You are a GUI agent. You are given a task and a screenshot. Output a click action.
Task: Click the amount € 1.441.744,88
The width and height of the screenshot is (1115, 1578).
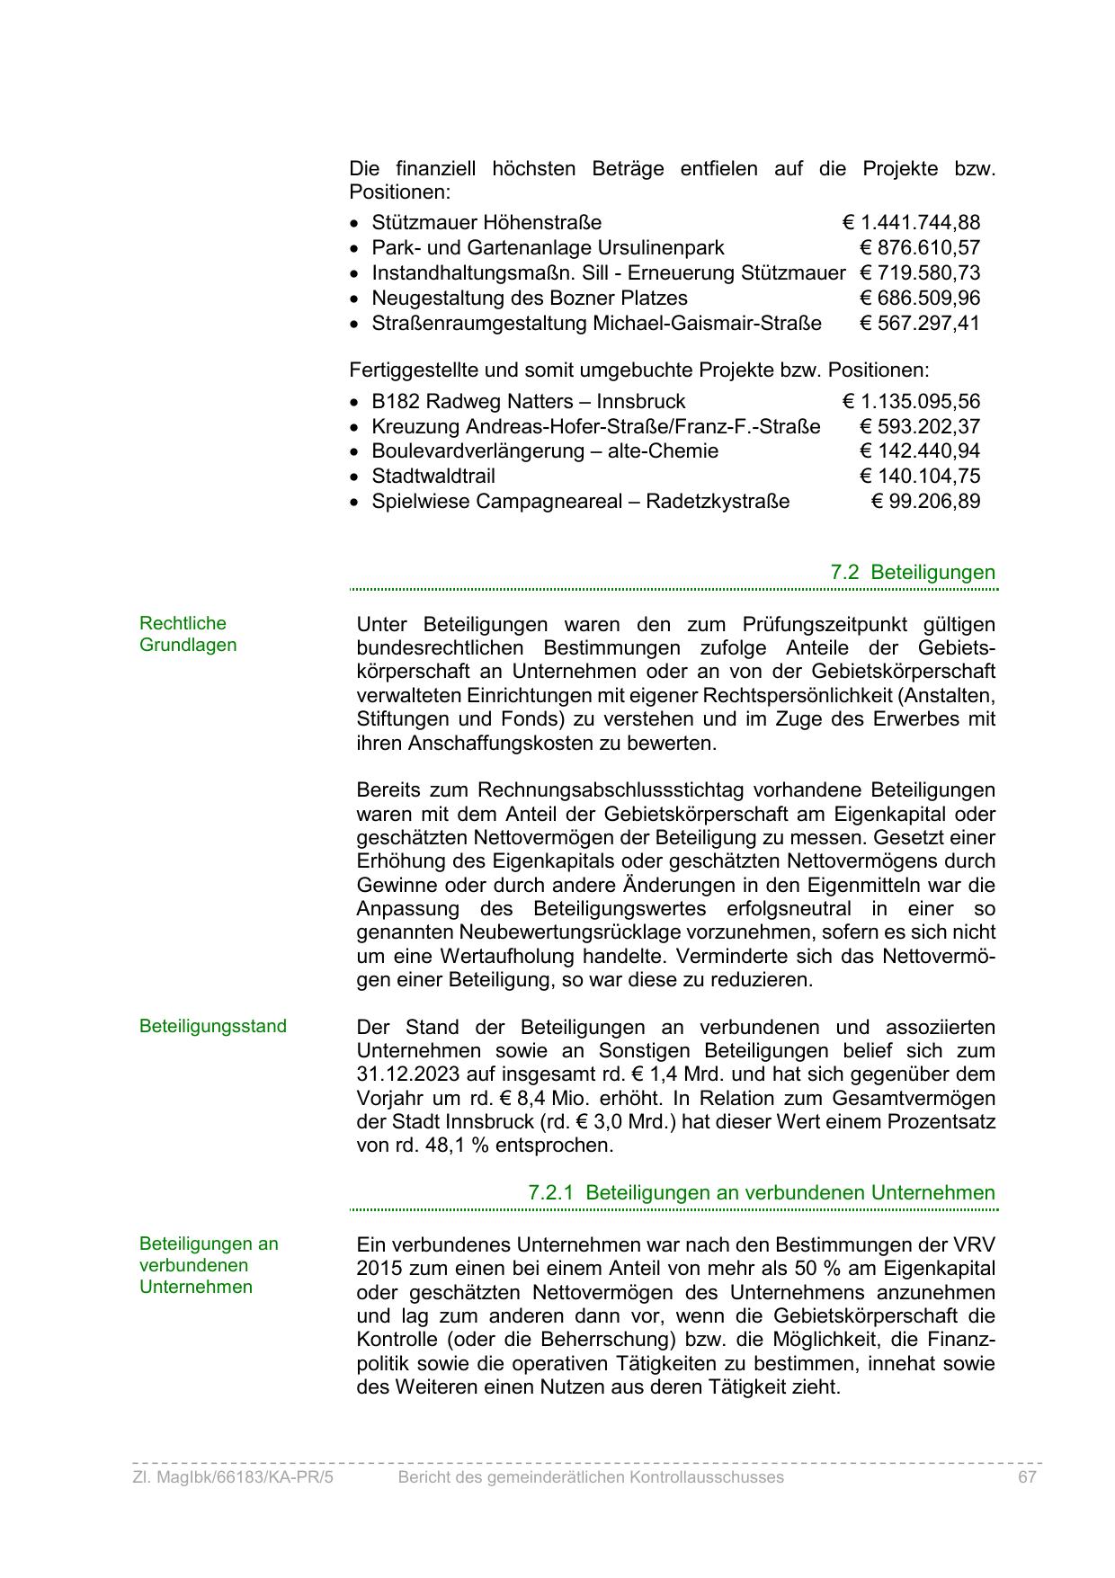pyautogui.click(x=911, y=222)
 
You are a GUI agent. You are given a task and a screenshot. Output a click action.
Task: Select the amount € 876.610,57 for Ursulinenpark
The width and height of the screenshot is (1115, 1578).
pyautogui.click(x=919, y=247)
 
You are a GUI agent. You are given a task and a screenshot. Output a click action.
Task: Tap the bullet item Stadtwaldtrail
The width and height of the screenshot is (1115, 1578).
pyautogui.click(x=433, y=476)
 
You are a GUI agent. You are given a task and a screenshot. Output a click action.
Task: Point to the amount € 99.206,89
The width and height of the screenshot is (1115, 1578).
pyautogui.click(x=925, y=501)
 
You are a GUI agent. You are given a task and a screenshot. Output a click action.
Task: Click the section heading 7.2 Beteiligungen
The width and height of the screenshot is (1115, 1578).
pyautogui.click(x=913, y=572)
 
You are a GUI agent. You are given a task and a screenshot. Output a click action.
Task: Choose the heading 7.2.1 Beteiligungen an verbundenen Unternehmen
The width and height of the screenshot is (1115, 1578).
pyautogui.click(x=762, y=1192)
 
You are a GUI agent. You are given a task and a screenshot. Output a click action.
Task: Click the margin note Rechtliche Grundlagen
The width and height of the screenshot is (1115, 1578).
pyautogui.click(x=188, y=634)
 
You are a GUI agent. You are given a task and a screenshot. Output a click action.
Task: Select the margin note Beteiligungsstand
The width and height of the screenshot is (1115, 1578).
pyautogui.click(x=213, y=1026)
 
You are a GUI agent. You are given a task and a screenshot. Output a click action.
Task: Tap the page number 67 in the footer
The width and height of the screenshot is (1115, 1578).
pyautogui.click(x=1028, y=1477)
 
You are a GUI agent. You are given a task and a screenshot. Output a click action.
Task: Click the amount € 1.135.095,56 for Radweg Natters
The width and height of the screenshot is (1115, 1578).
pyautogui.click(x=911, y=401)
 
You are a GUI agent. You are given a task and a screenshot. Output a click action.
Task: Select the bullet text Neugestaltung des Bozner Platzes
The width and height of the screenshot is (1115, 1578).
pyautogui.click(x=530, y=298)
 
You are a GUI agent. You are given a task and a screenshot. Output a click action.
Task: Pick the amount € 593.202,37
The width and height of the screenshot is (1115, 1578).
pyautogui.click(x=919, y=426)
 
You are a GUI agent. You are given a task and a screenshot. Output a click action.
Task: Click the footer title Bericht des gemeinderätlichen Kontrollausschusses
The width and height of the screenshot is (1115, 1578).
pyautogui.click(x=591, y=1477)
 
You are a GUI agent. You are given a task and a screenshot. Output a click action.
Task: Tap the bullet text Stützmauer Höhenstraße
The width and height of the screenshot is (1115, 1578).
pyautogui.click(x=486, y=222)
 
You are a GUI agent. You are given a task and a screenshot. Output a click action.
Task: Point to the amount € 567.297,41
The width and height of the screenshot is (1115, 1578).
pyautogui.click(x=919, y=323)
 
